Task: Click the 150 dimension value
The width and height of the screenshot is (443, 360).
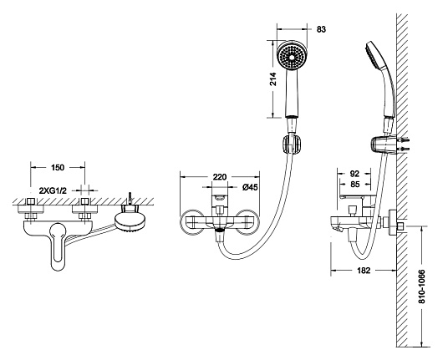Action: [58, 167]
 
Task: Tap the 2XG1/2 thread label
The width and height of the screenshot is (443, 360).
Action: [53, 190]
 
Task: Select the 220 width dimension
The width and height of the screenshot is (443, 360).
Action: [220, 177]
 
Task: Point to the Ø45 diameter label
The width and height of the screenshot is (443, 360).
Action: [250, 187]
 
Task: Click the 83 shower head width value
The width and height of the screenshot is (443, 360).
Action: [321, 29]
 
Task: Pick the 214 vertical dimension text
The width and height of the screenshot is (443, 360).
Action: [273, 79]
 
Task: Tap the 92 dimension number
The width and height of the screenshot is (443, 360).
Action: [354, 173]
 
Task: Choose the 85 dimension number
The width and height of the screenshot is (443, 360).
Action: [354, 184]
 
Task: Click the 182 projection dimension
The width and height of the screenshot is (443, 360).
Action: [364, 271]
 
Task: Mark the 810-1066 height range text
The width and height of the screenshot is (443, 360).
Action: [421, 286]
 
